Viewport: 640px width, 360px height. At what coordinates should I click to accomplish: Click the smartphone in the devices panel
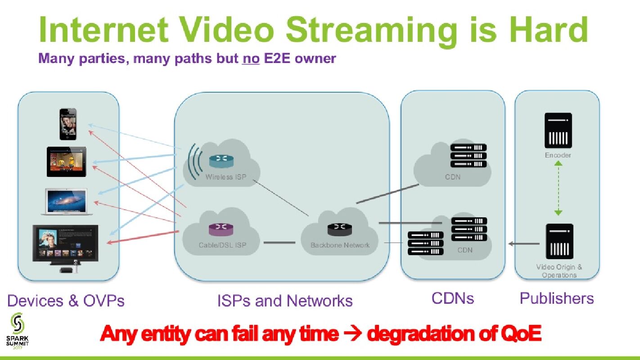[66, 124]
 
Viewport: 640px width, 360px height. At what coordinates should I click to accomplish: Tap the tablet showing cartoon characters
[66, 161]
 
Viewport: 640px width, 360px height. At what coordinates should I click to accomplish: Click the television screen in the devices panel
[66, 242]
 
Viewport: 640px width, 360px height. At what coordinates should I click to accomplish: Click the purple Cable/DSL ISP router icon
[221, 229]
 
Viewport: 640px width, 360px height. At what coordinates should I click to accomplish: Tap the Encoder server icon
[558, 130]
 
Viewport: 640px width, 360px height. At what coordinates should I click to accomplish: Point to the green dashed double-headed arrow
[558, 188]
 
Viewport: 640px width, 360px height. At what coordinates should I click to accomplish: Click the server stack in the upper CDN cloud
[468, 155]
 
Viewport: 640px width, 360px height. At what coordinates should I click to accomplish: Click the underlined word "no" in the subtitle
[250, 58]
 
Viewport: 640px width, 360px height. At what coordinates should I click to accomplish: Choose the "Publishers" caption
[556, 298]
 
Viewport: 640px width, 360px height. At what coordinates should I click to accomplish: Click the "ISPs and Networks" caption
[284, 301]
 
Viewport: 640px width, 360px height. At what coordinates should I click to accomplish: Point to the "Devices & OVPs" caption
[66, 301]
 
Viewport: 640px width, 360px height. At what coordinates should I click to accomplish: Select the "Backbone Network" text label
[340, 245]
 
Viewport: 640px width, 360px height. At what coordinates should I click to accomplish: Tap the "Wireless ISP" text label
[225, 177]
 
